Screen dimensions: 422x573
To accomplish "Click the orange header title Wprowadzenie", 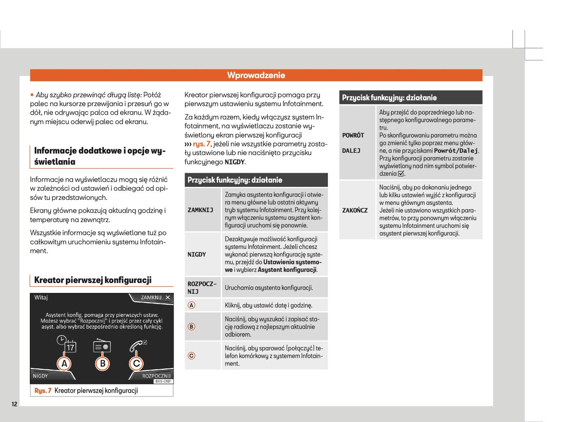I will click(256, 75).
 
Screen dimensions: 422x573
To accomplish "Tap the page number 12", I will click(14, 404).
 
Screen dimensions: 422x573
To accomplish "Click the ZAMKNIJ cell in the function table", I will click(200, 210).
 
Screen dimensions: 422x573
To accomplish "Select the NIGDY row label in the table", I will click(197, 255).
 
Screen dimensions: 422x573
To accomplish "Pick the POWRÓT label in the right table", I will click(353, 135).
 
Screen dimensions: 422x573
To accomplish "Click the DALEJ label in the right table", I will click(351, 151).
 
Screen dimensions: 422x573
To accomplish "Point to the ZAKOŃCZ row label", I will click(355, 210).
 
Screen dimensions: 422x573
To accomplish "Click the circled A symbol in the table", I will click(192, 305).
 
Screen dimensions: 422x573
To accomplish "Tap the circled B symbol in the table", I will click(192, 327).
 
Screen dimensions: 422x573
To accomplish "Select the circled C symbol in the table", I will click(192, 356).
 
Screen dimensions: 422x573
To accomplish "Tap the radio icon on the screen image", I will click(102, 346).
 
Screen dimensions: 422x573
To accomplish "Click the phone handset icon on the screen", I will click(137, 346).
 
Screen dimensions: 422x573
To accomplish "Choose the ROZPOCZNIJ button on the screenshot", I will click(156, 376).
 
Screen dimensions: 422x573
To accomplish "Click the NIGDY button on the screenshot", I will click(40, 376).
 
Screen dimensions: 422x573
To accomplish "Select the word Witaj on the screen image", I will click(41, 297).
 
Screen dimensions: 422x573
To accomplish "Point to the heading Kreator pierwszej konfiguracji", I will click(93, 280).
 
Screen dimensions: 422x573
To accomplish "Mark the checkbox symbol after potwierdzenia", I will click(401, 174).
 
